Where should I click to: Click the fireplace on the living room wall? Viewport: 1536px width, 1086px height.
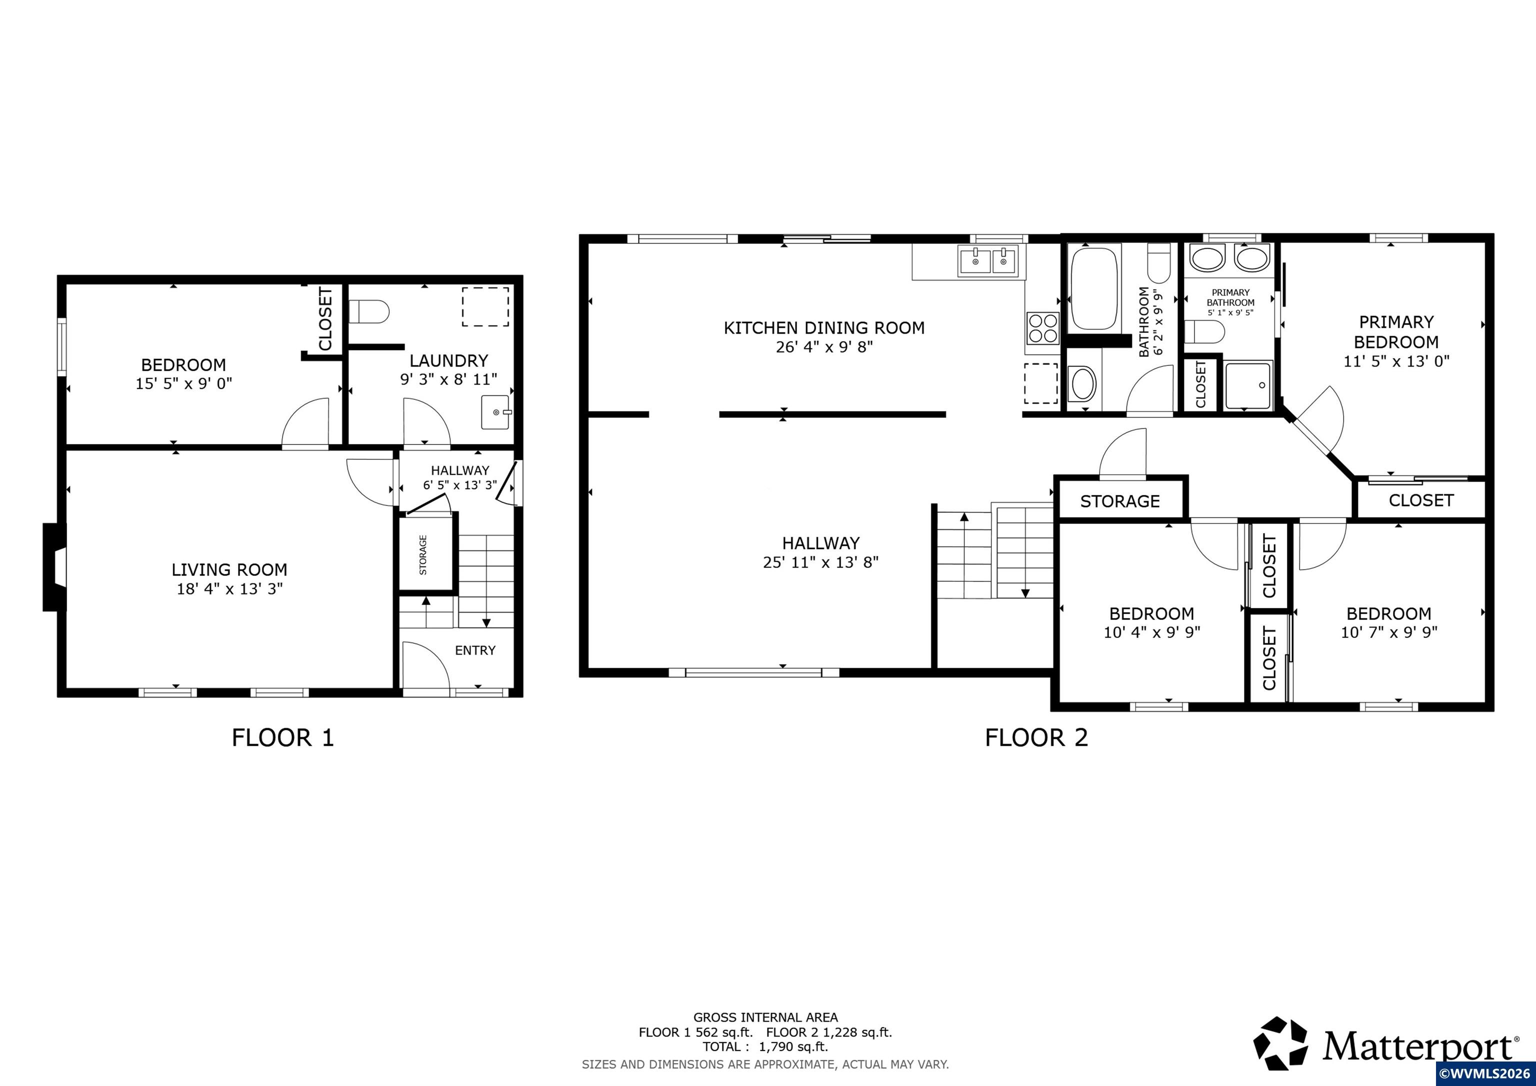(54, 567)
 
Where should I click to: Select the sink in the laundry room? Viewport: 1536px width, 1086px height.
(495, 411)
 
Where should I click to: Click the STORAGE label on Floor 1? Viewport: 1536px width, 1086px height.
(423, 554)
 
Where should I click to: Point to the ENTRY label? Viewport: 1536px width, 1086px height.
(475, 650)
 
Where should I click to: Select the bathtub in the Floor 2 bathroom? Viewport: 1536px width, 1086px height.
(1094, 289)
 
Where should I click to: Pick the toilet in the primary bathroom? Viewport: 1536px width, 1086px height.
(1204, 330)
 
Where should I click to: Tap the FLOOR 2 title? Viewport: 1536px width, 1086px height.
(1036, 737)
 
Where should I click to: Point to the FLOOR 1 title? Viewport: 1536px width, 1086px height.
(282, 737)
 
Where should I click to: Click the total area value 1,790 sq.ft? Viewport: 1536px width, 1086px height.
(793, 1046)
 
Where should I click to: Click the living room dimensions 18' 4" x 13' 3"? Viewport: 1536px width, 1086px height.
(229, 589)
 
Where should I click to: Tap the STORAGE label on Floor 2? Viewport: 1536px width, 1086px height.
(1120, 501)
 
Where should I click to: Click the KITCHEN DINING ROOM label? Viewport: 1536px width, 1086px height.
(824, 328)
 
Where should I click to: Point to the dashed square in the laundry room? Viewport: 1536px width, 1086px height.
(485, 307)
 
